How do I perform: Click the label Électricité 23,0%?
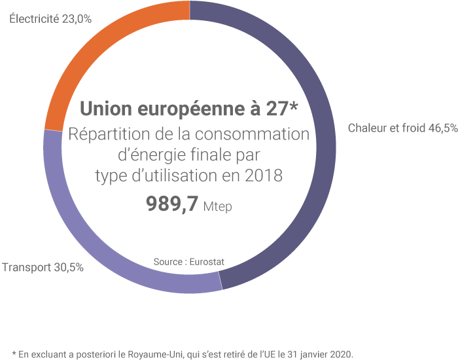pos(50,19)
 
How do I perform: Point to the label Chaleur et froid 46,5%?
pos(402,128)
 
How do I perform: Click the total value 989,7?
pos(171,204)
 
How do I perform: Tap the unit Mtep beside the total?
pos(218,206)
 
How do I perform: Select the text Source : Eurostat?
pos(189,262)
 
